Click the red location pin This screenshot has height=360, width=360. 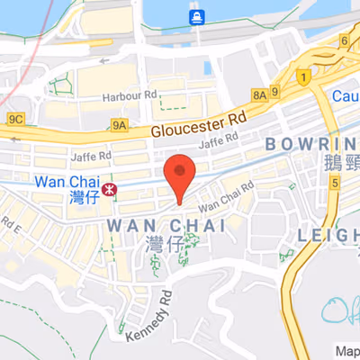point(181,175)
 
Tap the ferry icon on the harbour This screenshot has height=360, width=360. point(195,16)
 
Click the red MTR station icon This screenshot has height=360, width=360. point(110,189)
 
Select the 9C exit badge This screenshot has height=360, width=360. point(15,118)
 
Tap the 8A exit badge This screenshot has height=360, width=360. point(260,93)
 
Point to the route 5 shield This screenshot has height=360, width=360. point(335,183)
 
